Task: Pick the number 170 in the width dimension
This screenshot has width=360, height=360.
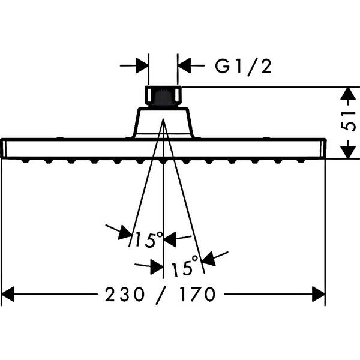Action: click(x=194, y=295)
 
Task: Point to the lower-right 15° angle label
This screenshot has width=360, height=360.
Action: click(x=184, y=268)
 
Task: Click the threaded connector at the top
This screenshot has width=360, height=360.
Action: click(x=163, y=97)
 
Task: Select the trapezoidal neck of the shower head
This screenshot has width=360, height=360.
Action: click(x=163, y=123)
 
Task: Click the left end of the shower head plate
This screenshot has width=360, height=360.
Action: click(x=5, y=148)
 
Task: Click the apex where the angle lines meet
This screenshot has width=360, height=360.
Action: click(x=163, y=119)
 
